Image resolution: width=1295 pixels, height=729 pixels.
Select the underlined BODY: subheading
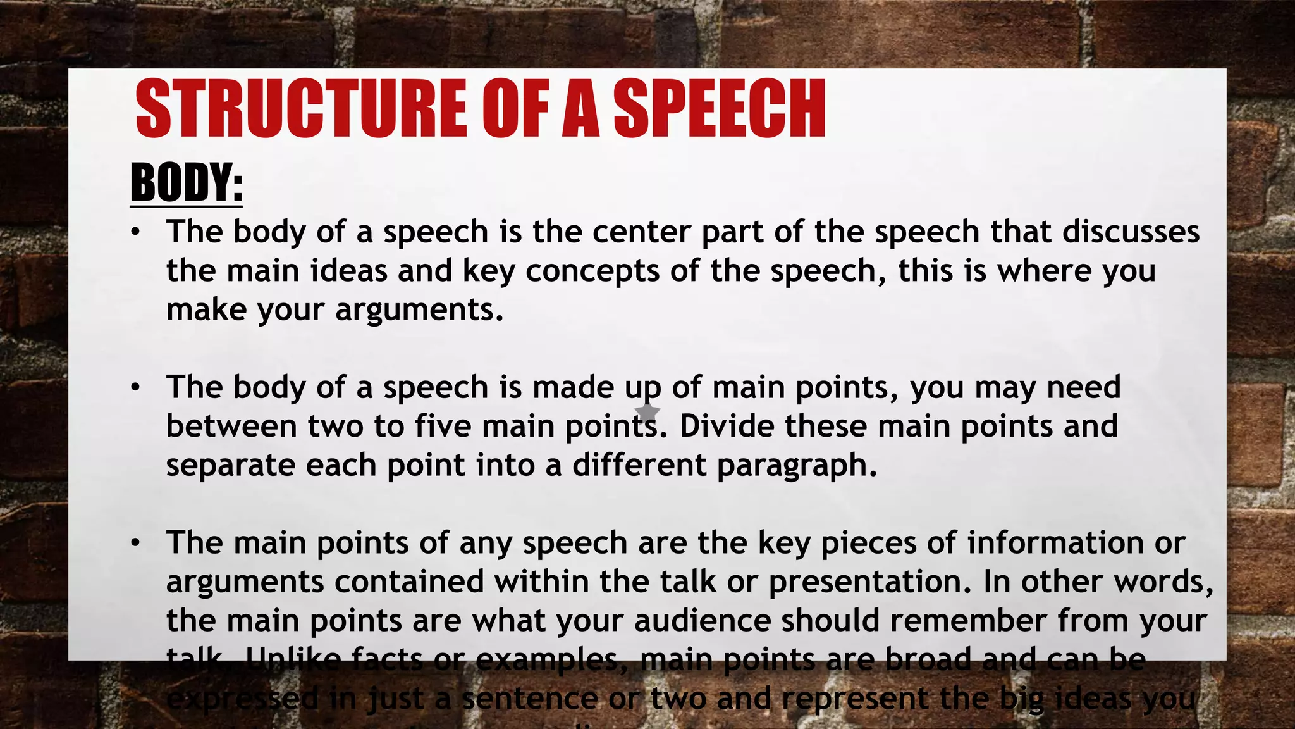pos(186,182)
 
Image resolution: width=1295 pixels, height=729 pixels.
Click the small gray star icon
pos(647,413)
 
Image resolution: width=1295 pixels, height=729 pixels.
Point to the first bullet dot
pos(134,232)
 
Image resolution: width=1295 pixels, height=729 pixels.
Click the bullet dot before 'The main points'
pos(134,544)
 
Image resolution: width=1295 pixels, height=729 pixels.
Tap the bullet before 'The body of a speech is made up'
pos(134,388)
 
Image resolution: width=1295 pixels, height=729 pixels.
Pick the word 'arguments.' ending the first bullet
pos(419,309)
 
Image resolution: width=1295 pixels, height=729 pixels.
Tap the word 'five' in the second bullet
pos(443,426)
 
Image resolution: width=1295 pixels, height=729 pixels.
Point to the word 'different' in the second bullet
pos(639,465)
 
